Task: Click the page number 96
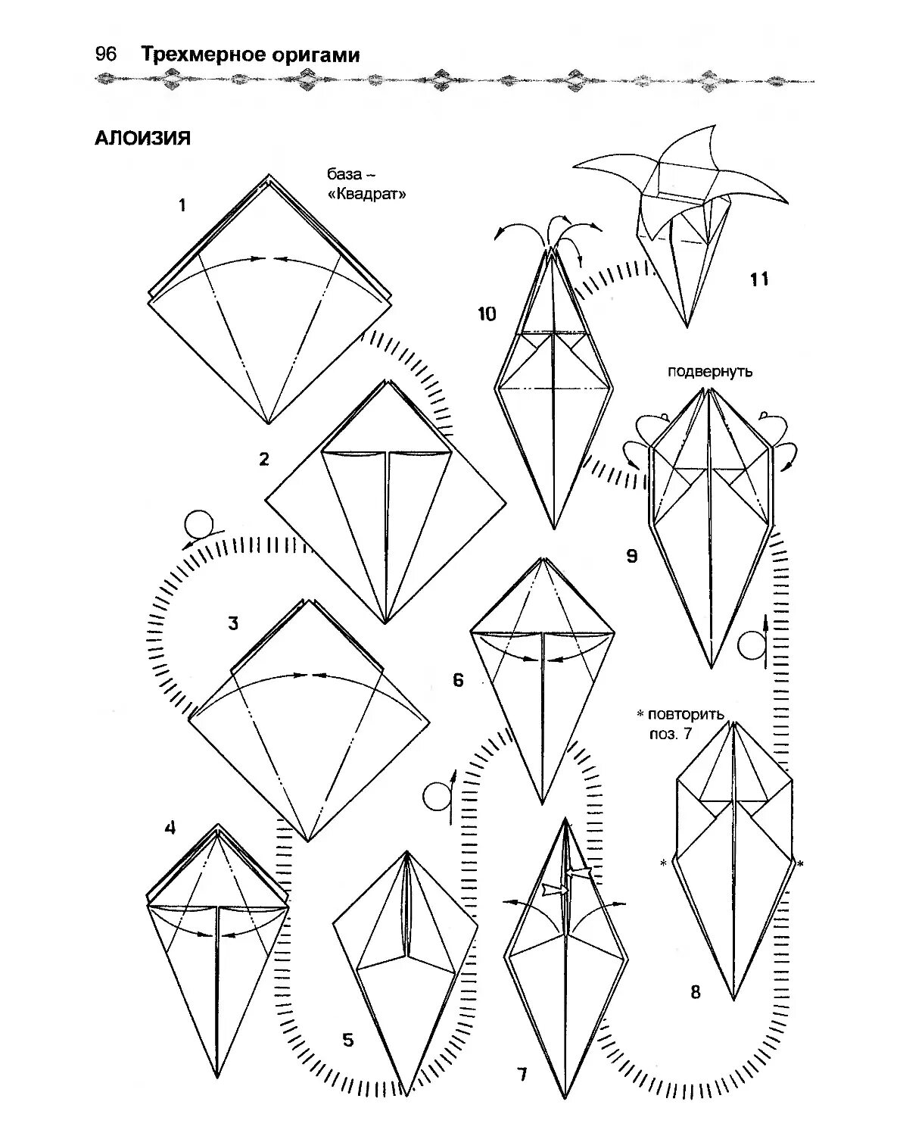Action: pos(105,55)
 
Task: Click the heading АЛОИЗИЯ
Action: pos(142,139)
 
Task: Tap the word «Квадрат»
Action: pos(367,194)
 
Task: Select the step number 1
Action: pos(182,204)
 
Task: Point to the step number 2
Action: pos(264,459)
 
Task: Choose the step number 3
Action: pos(233,623)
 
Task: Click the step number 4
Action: pos(170,828)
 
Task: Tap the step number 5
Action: pos(347,1040)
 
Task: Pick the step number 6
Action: pos(458,680)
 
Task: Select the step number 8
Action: pos(696,991)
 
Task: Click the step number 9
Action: pos(631,557)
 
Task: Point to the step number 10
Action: pos(487,314)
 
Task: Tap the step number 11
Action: pos(759,279)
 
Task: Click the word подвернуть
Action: pos(709,372)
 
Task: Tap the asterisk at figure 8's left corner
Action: pos(663,863)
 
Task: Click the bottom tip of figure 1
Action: pos(268,423)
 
